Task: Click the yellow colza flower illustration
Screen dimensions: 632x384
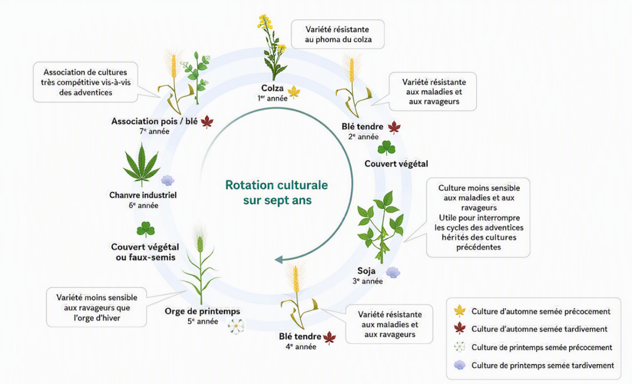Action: coord(272,48)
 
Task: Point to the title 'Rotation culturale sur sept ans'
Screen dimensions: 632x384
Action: coord(277,192)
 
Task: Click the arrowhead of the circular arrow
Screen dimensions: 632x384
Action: coord(279,259)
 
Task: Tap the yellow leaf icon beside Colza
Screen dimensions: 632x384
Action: coord(294,92)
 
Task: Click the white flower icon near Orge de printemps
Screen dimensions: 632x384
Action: coord(236,326)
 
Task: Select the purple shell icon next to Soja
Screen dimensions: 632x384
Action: coord(393,272)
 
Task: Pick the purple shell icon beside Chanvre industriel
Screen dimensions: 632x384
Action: coord(168,180)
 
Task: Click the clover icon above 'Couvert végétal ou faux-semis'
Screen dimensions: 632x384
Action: coord(146,229)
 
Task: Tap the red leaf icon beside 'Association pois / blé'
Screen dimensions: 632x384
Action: coord(207,122)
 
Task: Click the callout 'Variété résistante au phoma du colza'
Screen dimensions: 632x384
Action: coord(338,34)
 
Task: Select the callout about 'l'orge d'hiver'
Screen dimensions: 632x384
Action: coord(97,307)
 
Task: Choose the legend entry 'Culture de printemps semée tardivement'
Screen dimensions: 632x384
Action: coord(534,366)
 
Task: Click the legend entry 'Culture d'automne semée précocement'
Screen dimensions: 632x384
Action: coord(532,311)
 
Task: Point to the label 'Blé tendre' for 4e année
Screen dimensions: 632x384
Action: coord(300,336)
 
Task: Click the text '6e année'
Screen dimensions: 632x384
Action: coord(143,205)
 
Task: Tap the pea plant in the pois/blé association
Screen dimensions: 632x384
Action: coord(197,77)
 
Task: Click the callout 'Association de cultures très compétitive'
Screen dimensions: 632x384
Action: coord(85,82)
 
